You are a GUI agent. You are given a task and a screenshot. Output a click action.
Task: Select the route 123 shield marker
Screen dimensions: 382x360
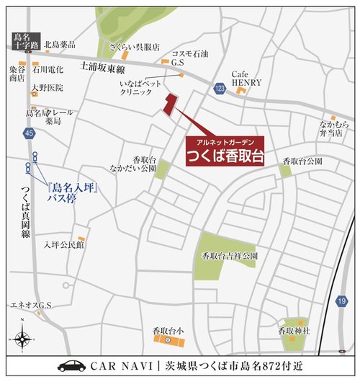click(x=219, y=87)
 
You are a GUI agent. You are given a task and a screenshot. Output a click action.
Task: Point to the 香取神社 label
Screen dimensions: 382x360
click(x=293, y=330)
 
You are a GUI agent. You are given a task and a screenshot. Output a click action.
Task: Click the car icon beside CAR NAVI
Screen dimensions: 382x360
click(x=71, y=366)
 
